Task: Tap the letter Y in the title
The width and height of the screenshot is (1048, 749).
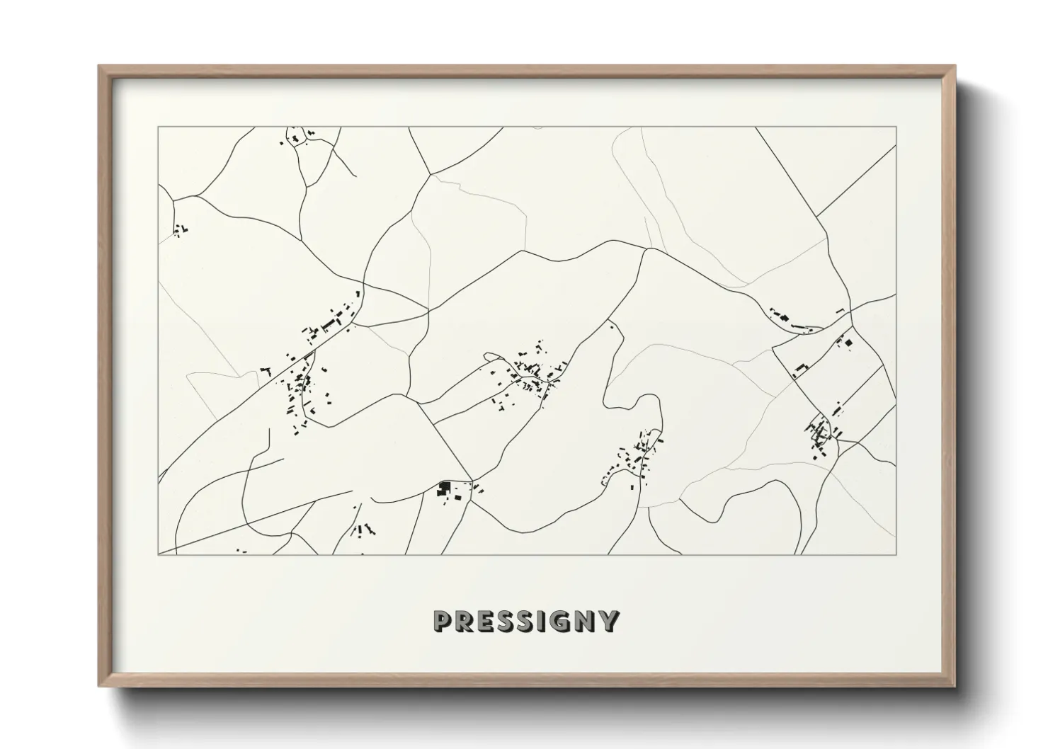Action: point(609,621)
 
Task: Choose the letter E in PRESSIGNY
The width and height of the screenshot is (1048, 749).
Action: point(486,621)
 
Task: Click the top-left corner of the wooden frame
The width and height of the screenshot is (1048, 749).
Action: point(99,67)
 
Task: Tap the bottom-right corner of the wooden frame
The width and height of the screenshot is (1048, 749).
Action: point(955,686)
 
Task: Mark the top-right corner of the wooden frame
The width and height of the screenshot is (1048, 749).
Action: point(955,67)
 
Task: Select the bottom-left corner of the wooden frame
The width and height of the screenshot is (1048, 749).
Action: point(99,686)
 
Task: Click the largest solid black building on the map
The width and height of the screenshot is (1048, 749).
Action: point(445,487)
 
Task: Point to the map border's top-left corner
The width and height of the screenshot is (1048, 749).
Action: point(159,127)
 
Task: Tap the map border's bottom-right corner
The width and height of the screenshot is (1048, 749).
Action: point(896,554)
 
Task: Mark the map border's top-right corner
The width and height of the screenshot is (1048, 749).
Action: point(896,127)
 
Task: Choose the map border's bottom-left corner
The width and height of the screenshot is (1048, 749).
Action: point(159,554)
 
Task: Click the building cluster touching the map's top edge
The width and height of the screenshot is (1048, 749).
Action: point(297,137)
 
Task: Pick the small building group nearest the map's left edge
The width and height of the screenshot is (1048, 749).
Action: point(179,229)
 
